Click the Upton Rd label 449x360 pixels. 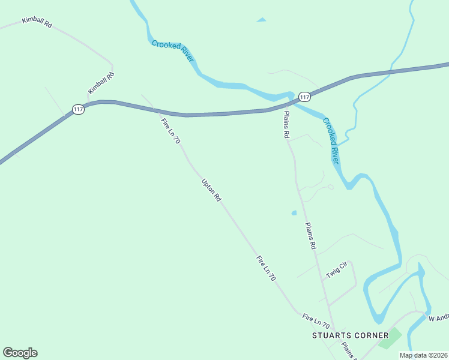pos(212,190)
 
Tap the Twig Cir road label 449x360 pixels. pos(337,271)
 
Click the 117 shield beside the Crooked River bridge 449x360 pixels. pos(304,97)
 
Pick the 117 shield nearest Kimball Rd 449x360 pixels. pos(78,109)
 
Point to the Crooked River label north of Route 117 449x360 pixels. pos(172,51)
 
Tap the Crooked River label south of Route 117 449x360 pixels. pos(331,141)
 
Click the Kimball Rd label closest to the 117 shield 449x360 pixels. pos(101,83)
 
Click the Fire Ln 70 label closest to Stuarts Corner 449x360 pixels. pos(316,320)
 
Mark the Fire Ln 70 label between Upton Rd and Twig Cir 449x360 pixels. pos(265,269)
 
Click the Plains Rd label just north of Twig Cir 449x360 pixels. pos(310,236)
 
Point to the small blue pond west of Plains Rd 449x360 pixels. pos(294,212)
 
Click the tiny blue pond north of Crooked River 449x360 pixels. pos(261,20)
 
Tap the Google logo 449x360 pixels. pos(20,353)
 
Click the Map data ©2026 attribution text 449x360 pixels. pos(423,355)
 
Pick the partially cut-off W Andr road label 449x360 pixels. pos(438,317)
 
